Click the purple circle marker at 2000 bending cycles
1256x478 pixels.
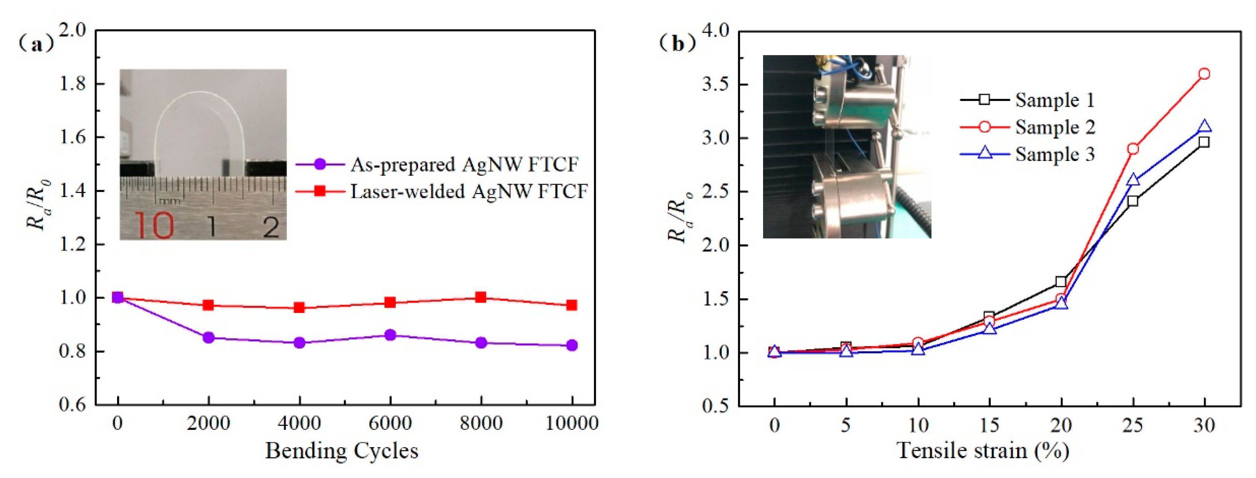pos(209,338)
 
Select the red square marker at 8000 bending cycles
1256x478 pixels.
pos(481,297)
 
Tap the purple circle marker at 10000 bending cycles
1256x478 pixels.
pos(572,345)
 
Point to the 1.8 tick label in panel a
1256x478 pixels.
pos(72,84)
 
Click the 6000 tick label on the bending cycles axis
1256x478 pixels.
pos(390,423)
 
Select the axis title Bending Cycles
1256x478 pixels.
pos(341,450)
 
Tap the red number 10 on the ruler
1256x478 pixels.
pos(154,226)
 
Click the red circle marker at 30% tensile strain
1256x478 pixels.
pos(1204,74)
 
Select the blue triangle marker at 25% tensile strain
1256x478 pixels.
pos(1133,180)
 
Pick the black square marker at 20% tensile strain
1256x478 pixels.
pos(1061,281)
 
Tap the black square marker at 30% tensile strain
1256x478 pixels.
pos(1204,142)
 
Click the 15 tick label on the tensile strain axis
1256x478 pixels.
pos(990,425)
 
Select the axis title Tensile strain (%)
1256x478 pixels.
pos(983,450)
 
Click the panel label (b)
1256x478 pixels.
pos(677,44)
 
